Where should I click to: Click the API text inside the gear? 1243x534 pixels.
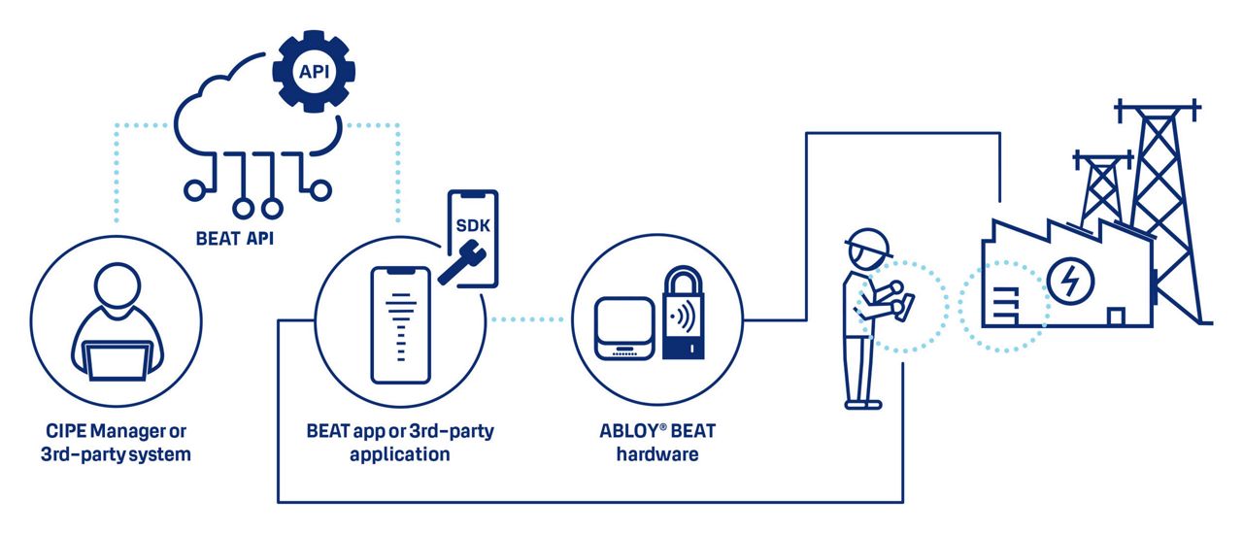[314, 72]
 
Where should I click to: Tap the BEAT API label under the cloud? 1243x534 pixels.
[235, 239]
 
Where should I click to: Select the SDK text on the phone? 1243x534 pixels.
[473, 225]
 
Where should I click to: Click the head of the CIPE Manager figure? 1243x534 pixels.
[118, 284]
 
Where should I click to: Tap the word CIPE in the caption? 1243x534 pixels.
[65, 431]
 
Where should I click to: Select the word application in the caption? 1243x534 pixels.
[399, 454]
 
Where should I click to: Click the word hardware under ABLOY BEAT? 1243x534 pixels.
[657, 454]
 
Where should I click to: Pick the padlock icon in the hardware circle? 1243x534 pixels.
[684, 312]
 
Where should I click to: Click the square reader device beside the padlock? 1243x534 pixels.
[624, 328]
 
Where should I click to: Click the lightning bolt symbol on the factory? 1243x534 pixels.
[1070, 281]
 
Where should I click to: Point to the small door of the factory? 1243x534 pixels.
[1116, 317]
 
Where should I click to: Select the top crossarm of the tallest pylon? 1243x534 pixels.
[1158, 110]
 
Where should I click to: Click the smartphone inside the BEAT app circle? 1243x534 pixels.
[401, 325]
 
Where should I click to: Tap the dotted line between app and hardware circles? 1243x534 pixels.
[526, 319]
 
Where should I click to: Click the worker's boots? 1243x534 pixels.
[863, 404]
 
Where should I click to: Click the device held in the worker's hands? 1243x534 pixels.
[905, 307]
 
